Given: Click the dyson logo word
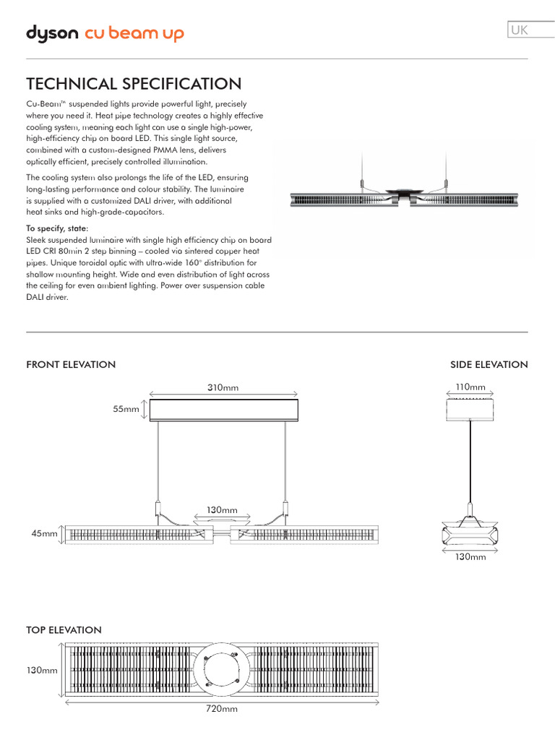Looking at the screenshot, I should coord(53,33).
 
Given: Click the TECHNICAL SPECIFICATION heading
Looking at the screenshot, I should coord(134,84).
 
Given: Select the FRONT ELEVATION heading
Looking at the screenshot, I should coord(71,364).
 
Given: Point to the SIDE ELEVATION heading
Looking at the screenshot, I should coord(489,364).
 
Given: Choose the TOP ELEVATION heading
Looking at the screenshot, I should coord(64,630).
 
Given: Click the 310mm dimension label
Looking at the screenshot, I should coord(223,388).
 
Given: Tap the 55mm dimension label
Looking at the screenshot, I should coord(125,410).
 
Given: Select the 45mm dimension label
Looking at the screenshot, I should coord(43,534).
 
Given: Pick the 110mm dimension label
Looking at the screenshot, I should coord(470,387).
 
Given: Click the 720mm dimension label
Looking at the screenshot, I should coord(223,709).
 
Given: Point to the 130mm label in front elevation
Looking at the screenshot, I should coord(223,510).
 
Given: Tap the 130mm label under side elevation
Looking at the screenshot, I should coord(470,557).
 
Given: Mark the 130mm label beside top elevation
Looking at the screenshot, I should coord(42,671).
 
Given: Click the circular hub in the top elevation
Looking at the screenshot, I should coord(223,671).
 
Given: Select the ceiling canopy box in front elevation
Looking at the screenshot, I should coord(223,410).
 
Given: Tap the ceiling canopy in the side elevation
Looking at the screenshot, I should coord(470,410).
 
